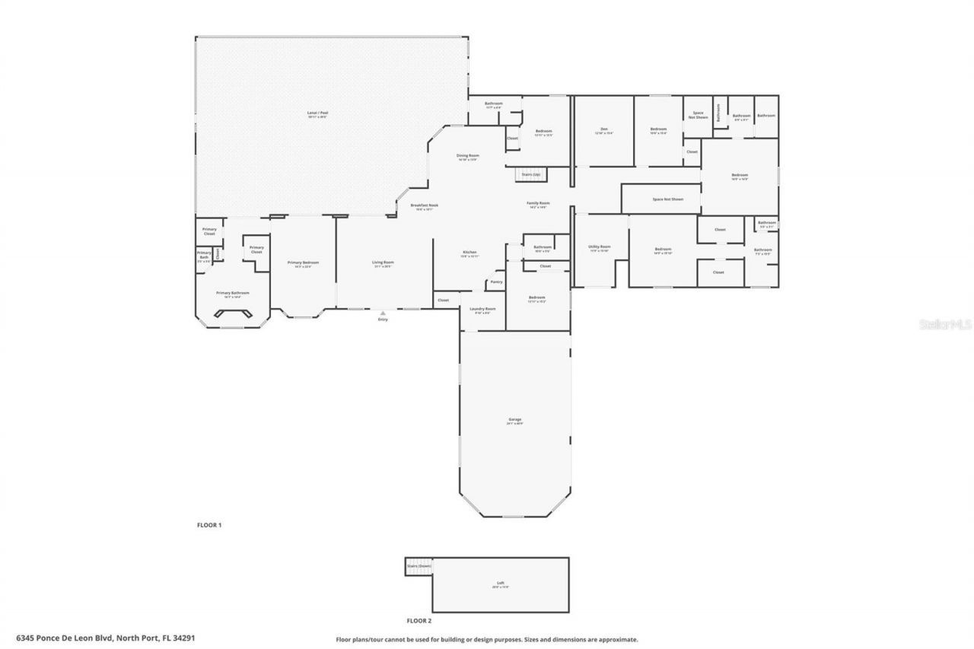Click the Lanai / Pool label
[318, 113]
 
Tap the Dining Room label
[467, 156]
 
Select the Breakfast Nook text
[424, 205]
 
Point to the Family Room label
[538, 204]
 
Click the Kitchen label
[469, 253]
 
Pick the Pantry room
[496, 282]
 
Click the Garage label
[515, 420]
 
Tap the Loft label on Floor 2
[500, 584]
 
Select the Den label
[603, 130]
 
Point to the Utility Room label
[600, 247]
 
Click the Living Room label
[383, 263]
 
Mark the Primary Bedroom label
[303, 263]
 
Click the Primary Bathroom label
[233, 294]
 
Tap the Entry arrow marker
[383, 313]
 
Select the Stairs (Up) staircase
[530, 174]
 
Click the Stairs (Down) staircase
[419, 567]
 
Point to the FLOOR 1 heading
[209, 525]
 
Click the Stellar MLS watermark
[945, 323]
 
